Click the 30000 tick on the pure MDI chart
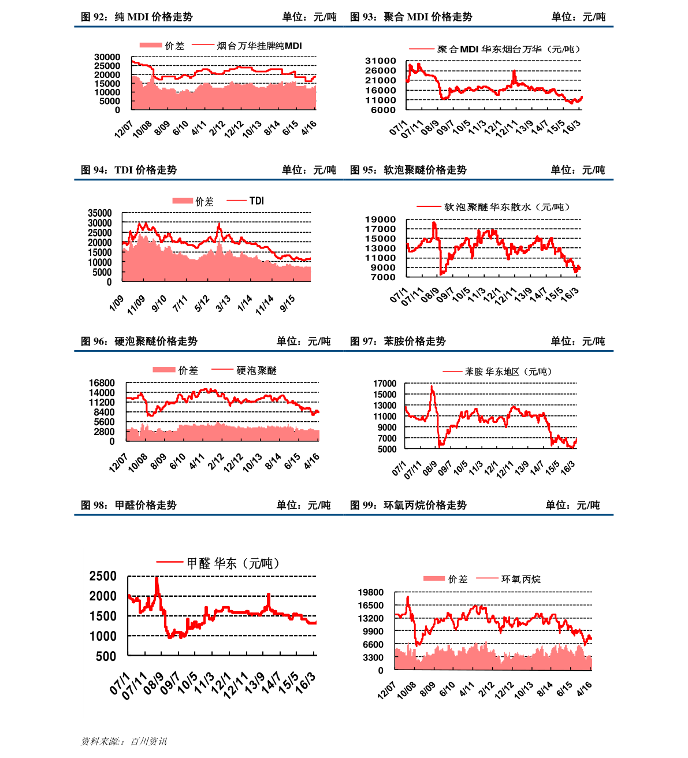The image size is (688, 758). (107, 57)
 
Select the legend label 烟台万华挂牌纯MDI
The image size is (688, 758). (259, 46)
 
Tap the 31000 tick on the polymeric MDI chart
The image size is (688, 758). (381, 61)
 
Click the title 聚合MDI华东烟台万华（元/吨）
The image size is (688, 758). (508, 50)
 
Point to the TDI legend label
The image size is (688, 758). (256, 201)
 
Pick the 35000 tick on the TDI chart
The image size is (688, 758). (100, 213)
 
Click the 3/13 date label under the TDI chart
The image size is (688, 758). (223, 303)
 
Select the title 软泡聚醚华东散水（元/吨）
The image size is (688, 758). (507, 207)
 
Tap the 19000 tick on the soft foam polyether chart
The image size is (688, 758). (381, 220)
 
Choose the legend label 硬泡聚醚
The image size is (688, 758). (256, 371)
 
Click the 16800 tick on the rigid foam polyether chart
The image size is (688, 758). (102, 383)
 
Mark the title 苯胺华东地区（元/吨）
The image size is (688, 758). (508, 372)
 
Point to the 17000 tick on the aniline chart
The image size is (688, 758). (385, 384)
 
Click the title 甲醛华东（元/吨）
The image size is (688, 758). (233, 563)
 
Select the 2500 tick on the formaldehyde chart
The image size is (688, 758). (103, 576)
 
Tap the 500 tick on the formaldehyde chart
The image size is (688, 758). (106, 656)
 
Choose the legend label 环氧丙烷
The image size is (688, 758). (521, 579)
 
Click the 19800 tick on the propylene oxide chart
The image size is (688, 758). (371, 593)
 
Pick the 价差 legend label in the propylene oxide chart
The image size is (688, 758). (458, 579)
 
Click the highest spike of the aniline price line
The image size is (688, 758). (432, 387)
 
